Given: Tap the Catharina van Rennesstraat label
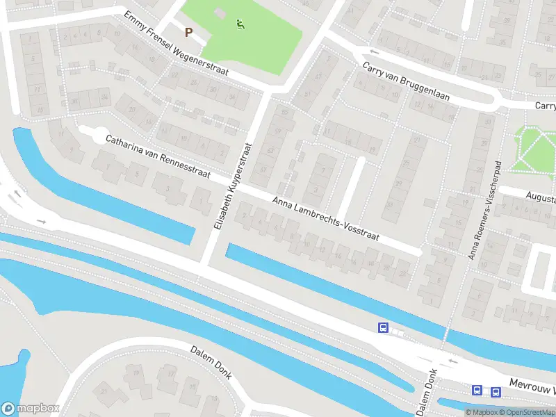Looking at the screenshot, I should tap(158, 159).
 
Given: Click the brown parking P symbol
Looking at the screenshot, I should tap(188, 31).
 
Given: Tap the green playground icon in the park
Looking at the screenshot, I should tap(240, 24).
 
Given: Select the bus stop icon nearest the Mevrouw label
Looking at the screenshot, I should tap(496, 391).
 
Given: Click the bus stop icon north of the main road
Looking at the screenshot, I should tap(382, 327).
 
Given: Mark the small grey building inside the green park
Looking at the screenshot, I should tap(220, 13).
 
